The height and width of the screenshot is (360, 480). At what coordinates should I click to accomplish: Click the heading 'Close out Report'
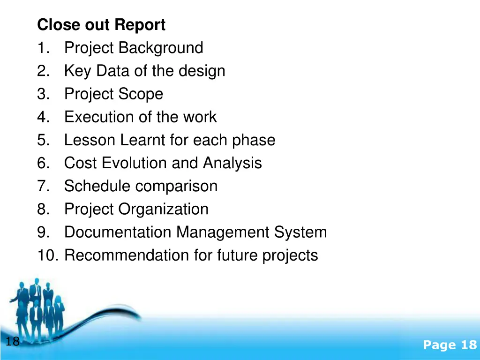[x=101, y=25]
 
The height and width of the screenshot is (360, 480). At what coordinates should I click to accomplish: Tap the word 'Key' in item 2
[x=78, y=71]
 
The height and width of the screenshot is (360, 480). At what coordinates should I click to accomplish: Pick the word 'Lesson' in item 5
[x=90, y=140]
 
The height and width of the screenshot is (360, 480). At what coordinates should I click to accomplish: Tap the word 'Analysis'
[x=232, y=163]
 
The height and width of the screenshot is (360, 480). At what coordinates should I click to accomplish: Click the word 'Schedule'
[x=95, y=186]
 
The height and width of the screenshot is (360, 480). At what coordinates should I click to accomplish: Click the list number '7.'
[x=44, y=186]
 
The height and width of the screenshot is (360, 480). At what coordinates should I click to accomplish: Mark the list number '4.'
[x=44, y=117]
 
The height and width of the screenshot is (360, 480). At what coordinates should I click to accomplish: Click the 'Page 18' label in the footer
[x=450, y=345]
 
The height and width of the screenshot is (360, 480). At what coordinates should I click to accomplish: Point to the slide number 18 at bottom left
[x=13, y=341]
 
